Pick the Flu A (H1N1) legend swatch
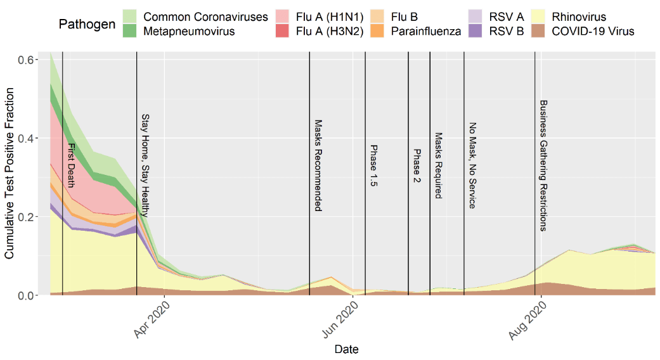pyautogui.click(x=285, y=17)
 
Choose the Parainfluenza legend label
pyautogui.click(x=425, y=31)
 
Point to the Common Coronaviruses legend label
pyautogui.click(x=205, y=17)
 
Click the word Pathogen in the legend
pyautogui.click(x=86, y=24)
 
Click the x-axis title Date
pyautogui.click(x=346, y=349)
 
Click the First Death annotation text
pyautogui.click(x=71, y=165)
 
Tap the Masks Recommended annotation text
pyautogui.click(x=318, y=165)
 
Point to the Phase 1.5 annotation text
pyautogui.click(x=374, y=166)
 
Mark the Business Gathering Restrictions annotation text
pyautogui.click(x=543, y=165)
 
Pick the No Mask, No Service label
pyautogui.click(x=472, y=165)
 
